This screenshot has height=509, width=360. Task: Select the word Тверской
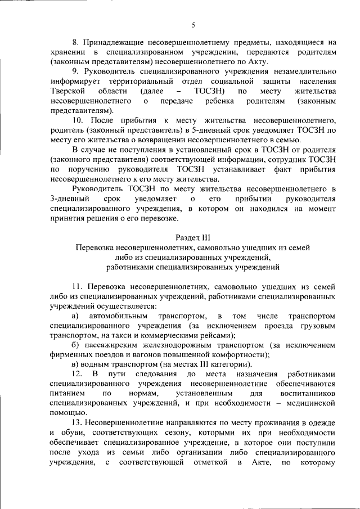pyautogui.click(x=67, y=91)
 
